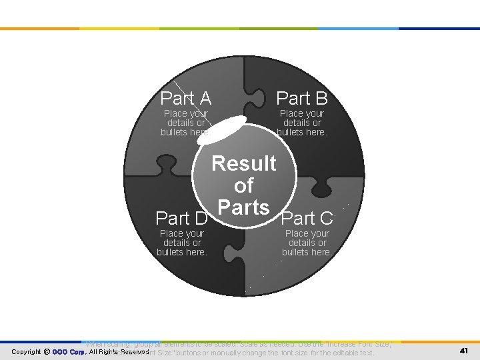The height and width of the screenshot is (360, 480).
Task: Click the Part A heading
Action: (186, 99)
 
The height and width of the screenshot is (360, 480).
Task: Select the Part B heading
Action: (302, 99)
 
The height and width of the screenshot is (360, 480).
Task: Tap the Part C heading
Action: (307, 217)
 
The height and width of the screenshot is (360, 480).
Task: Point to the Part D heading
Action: (181, 218)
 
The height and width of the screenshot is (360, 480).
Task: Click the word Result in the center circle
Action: (244, 163)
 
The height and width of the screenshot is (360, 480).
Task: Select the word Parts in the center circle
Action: (244, 207)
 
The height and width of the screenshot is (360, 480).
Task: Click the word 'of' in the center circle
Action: (244, 185)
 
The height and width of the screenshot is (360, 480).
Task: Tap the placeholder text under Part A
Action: (185, 123)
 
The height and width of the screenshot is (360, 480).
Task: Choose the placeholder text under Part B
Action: (302, 123)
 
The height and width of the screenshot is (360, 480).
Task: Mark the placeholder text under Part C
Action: (307, 243)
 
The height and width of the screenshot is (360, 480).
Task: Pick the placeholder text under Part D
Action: (182, 243)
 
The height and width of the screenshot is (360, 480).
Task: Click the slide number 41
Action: (465, 351)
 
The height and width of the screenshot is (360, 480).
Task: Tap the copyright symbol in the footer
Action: (46, 351)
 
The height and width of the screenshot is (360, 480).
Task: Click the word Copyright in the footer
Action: (26, 351)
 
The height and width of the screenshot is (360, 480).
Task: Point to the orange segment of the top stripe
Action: (40, 29)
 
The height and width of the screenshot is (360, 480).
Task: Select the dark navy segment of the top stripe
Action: (440, 29)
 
